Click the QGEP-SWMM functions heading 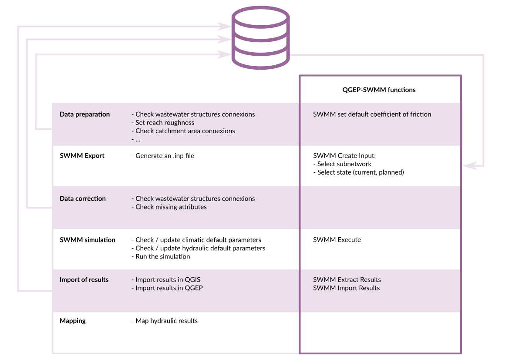point(379,90)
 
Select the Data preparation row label point(85,114)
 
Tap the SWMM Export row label point(82,156)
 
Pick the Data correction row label point(83,199)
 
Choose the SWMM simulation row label point(88,240)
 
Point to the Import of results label point(84,280)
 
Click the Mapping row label point(73,321)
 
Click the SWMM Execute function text point(337,240)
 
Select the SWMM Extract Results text point(347,280)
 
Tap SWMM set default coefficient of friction point(372,114)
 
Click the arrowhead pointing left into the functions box point(470,165)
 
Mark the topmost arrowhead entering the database point(224,26)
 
